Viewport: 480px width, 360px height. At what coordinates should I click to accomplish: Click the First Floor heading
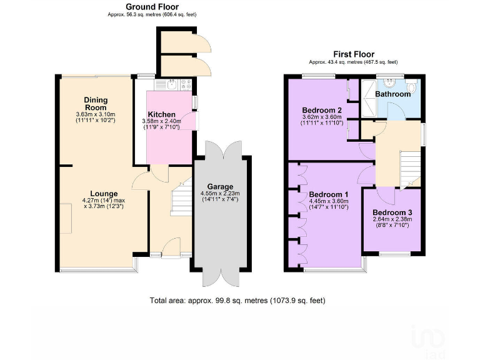[353, 54]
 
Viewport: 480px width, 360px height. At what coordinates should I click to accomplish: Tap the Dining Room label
[96, 103]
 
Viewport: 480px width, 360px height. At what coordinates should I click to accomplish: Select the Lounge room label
[104, 193]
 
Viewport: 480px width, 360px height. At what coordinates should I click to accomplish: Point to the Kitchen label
[161, 114]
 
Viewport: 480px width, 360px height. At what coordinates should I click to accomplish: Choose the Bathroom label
[392, 94]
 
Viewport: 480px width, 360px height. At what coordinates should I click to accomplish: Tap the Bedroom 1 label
[329, 194]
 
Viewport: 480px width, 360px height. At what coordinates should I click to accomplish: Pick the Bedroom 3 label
[392, 212]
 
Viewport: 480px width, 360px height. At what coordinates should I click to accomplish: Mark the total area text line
[237, 301]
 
